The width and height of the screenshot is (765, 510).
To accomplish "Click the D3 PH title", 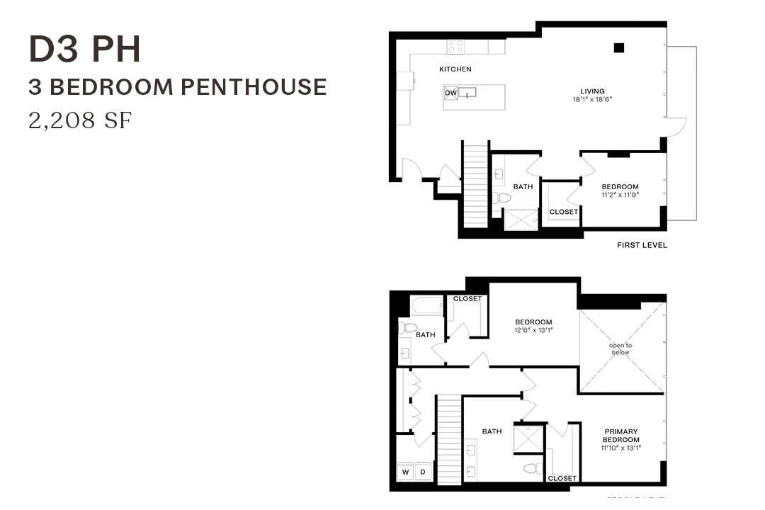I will (x=84, y=49).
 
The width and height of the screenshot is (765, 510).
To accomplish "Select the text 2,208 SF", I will (x=80, y=120).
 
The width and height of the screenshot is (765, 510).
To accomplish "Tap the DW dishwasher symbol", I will (x=450, y=93).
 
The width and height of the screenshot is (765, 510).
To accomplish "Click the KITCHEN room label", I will (x=455, y=69).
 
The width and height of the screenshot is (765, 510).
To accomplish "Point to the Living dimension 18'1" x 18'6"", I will (x=592, y=100).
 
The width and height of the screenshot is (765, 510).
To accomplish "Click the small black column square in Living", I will (x=618, y=47).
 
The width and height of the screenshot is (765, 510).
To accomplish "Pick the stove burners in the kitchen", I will (x=455, y=47).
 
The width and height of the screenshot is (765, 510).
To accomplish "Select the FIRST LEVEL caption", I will (x=642, y=246).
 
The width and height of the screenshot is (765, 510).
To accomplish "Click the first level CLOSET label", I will (x=564, y=212).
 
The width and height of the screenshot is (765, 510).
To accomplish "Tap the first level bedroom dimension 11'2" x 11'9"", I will (x=620, y=195).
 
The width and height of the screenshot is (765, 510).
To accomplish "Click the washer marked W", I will (x=406, y=472).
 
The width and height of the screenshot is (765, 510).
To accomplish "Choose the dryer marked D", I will (x=422, y=472).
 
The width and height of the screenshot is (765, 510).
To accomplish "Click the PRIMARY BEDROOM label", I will (x=620, y=436).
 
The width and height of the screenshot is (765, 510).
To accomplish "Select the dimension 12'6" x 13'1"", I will (x=533, y=330).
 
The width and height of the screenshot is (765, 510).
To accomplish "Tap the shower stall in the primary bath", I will (x=528, y=438).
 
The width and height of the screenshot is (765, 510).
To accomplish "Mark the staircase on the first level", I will (x=475, y=184).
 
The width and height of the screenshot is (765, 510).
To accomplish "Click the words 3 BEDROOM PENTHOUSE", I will (x=177, y=87).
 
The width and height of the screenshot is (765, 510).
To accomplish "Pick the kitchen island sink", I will (x=467, y=93).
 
